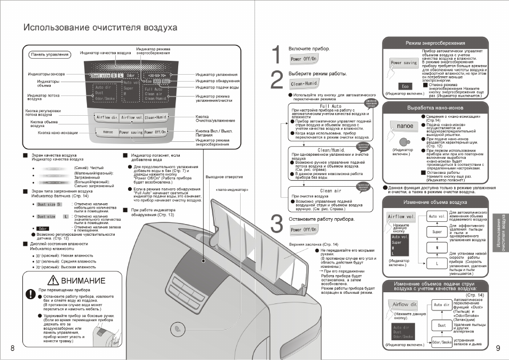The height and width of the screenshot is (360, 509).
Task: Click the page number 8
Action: pyautogui.click(x=12, y=349)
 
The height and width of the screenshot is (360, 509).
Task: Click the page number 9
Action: pyautogui.click(x=498, y=349)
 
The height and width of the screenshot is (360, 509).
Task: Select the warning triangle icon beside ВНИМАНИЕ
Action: pyautogui.click(x=53, y=281)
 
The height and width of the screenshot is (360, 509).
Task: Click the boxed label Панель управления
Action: pyautogui.click(x=50, y=54)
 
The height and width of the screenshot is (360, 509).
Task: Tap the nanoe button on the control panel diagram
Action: pyautogui.click(x=108, y=132)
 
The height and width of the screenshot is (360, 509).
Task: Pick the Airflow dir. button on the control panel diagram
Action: pyautogui.click(x=107, y=117)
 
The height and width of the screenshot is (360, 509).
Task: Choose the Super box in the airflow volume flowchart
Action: pyautogui.click(x=437, y=232)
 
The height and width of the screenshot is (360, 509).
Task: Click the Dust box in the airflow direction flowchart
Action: pyautogui.click(x=442, y=325)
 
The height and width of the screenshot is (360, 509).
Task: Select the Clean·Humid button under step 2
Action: pyautogui.click(x=304, y=84)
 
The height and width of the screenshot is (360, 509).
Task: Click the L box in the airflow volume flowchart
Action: pyautogui.click(x=437, y=263)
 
